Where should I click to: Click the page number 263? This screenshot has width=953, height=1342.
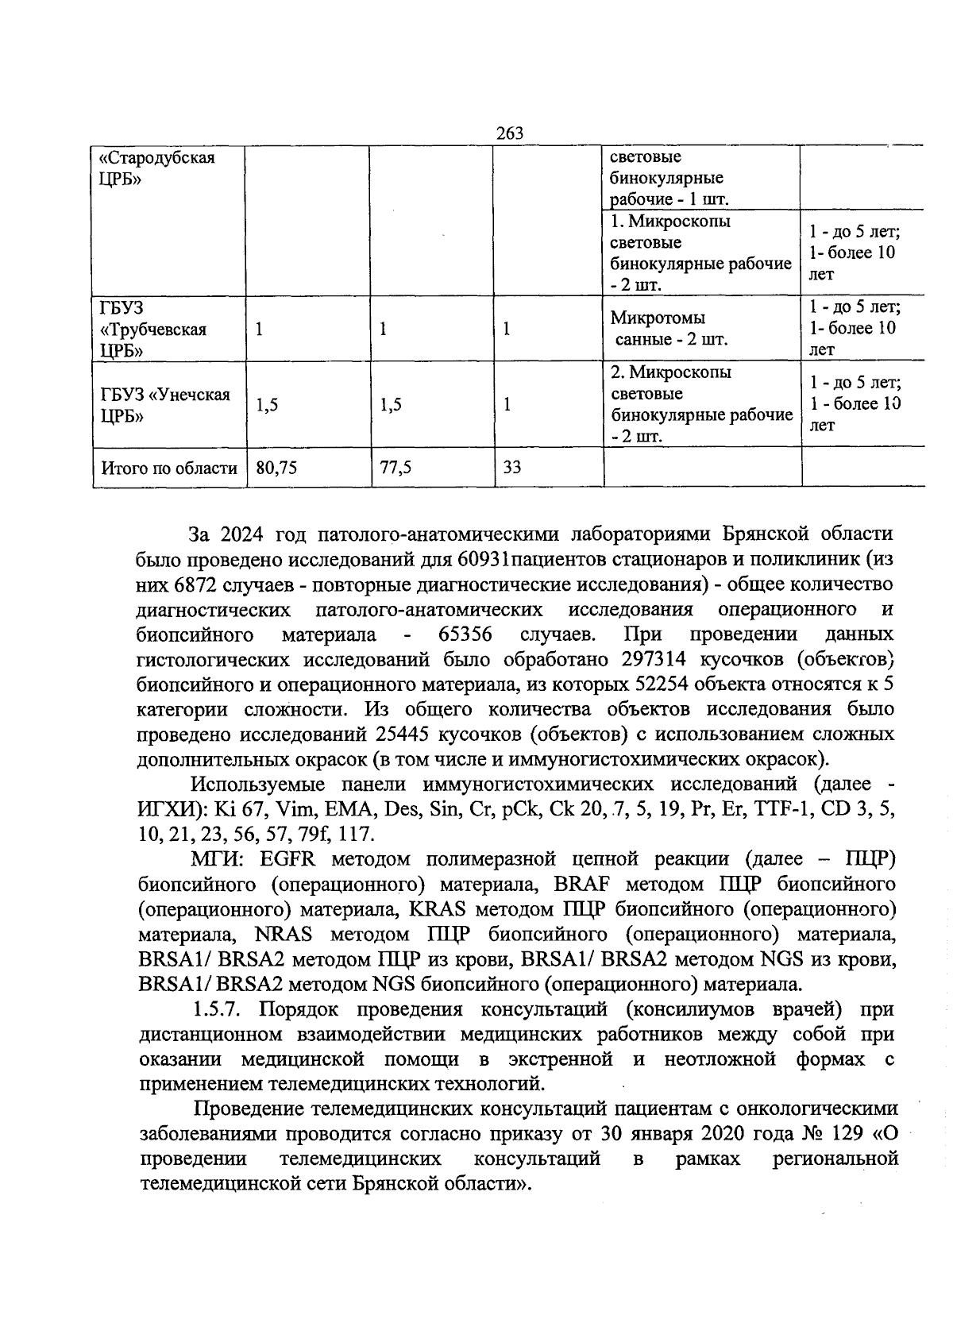[510, 133]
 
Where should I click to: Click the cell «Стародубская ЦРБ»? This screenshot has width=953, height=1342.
[150, 168]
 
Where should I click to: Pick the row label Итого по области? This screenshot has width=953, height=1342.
[169, 469]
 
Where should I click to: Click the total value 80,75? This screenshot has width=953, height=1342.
[276, 469]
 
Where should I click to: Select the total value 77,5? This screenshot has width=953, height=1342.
[395, 469]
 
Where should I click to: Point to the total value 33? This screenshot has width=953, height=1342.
[512, 469]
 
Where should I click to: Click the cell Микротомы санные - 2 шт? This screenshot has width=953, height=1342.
[669, 329]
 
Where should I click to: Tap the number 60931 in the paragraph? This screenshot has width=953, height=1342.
[484, 559]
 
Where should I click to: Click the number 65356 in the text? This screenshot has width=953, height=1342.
[465, 634]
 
